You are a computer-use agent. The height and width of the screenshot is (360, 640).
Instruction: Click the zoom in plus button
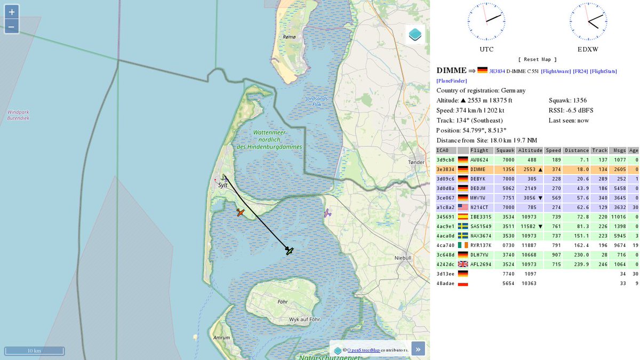click(x=12, y=12)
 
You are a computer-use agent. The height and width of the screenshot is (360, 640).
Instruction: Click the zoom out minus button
click(x=12, y=26)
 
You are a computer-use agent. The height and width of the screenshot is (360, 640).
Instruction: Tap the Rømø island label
click(x=289, y=37)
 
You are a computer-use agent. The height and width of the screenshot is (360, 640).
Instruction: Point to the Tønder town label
click(x=415, y=162)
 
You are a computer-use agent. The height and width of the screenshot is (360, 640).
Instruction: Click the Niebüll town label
click(x=403, y=258)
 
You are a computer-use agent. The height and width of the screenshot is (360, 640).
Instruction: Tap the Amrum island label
click(x=221, y=338)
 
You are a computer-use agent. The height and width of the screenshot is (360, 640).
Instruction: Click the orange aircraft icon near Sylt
click(x=241, y=212)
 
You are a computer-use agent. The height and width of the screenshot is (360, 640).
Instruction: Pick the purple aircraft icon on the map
click(x=327, y=213)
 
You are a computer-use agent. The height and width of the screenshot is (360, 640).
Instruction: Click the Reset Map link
click(x=537, y=59)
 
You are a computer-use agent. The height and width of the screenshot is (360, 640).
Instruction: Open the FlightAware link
click(x=556, y=71)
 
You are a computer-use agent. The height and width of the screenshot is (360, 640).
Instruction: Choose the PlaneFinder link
click(x=451, y=81)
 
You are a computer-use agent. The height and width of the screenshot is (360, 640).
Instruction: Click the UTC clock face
click(x=486, y=21)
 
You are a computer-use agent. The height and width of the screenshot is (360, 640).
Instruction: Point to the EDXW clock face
click(x=588, y=21)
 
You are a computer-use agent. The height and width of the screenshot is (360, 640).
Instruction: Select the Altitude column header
click(x=530, y=150)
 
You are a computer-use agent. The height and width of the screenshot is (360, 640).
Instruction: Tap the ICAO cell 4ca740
click(x=445, y=245)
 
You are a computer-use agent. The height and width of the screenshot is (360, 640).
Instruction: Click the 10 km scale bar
click(x=34, y=350)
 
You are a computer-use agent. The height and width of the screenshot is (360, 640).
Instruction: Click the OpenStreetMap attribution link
click(x=363, y=350)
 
